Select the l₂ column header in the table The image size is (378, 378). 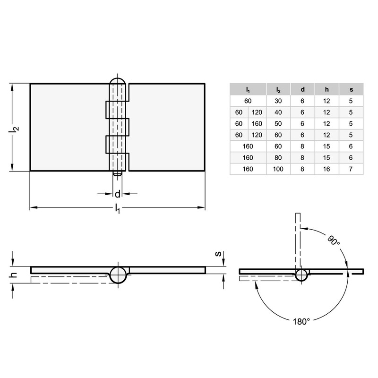(x=278, y=89)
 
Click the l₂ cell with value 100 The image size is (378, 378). (x=278, y=169)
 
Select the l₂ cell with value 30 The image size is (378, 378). (x=278, y=101)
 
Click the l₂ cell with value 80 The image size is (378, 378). (x=278, y=157)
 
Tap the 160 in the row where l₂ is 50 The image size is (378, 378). (x=257, y=123)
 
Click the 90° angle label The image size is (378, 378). (x=334, y=241)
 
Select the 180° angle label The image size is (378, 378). (x=301, y=321)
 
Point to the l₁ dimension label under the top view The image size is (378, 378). (x=118, y=210)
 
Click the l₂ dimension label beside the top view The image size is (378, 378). (x=16, y=128)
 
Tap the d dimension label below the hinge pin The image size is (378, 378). (x=118, y=193)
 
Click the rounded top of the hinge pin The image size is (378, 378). (x=118, y=81)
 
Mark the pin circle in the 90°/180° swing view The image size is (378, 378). (x=301, y=275)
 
